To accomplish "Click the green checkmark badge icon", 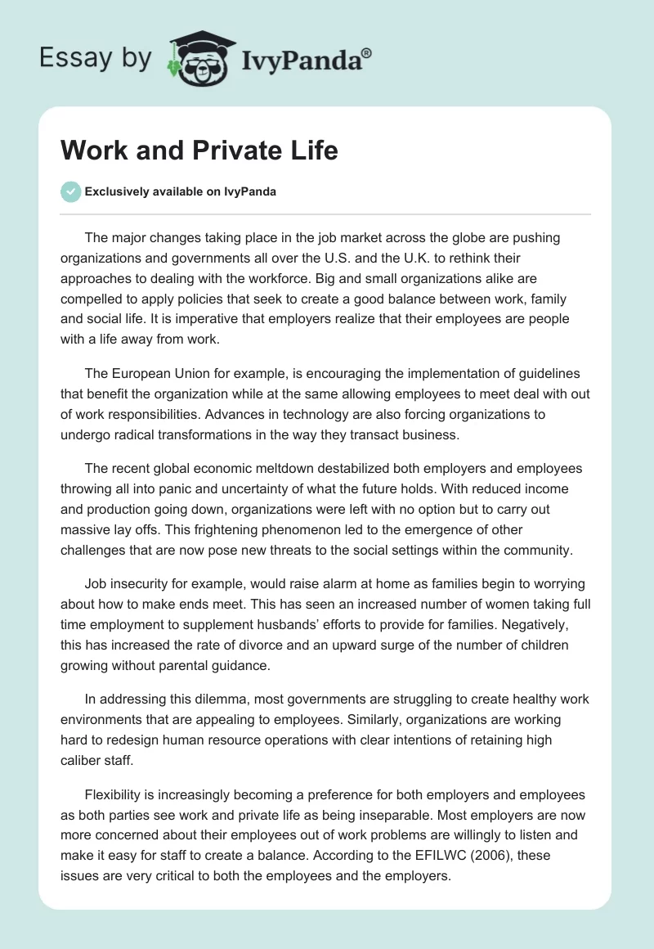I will [x=71, y=192].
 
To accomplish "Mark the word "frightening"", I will [x=209, y=528].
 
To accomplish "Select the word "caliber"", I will [x=83, y=760].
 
